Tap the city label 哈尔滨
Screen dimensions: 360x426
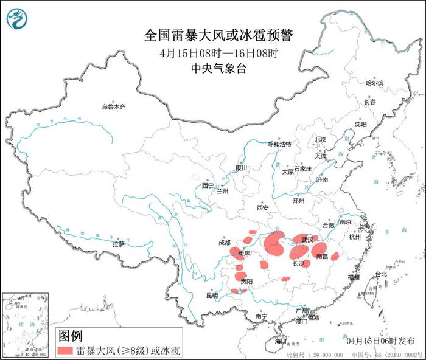tap(375, 83)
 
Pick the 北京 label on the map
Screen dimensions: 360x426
tap(321, 140)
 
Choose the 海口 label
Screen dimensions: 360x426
tap(281, 341)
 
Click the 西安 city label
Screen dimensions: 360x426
tap(262, 207)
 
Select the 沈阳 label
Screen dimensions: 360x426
tap(361, 124)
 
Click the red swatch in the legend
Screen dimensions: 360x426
tap(66, 350)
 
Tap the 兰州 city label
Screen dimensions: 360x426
tap(222, 192)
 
